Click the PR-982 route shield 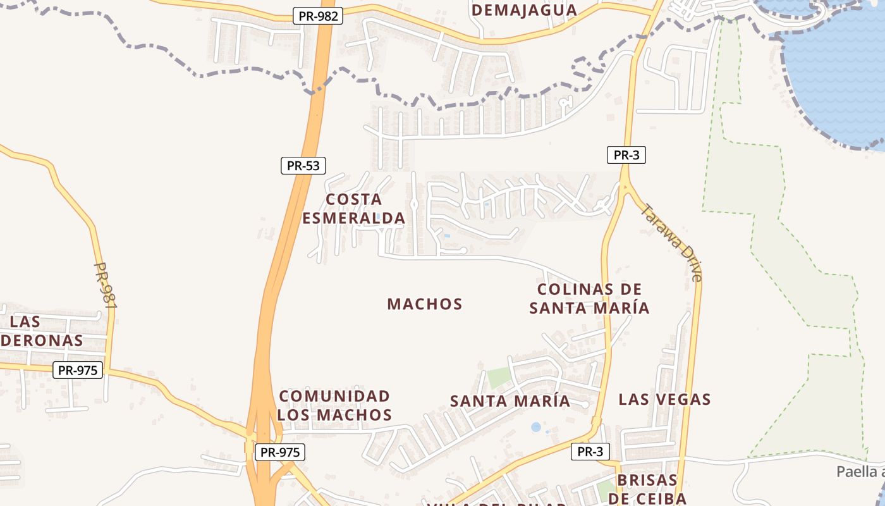318,16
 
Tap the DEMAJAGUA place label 524,9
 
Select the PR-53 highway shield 303,166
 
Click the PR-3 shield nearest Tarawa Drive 626,155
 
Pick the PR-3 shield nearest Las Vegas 590,452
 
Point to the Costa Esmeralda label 353,209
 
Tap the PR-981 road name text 106,286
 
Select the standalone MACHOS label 425,304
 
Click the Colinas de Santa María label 589,299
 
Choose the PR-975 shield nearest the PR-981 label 78,370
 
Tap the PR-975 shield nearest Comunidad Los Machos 280,452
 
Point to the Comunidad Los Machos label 334,405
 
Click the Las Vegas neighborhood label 664,400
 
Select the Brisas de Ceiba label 647,489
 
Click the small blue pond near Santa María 536,427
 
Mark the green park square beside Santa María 498,378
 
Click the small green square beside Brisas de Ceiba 606,489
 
